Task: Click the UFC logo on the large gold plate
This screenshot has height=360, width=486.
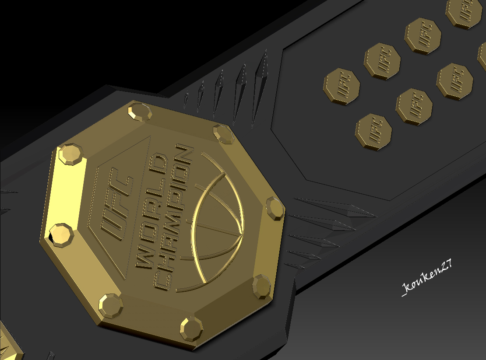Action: point(115,204)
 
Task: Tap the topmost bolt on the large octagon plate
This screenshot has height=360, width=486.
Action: point(140,112)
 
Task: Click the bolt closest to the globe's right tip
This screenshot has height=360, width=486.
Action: point(275,208)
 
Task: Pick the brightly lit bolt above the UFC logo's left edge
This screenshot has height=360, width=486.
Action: point(71,154)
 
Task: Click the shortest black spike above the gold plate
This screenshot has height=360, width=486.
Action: point(186,101)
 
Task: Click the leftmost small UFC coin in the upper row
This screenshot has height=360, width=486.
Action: point(342,86)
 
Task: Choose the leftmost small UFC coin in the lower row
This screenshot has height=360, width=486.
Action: point(373,132)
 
